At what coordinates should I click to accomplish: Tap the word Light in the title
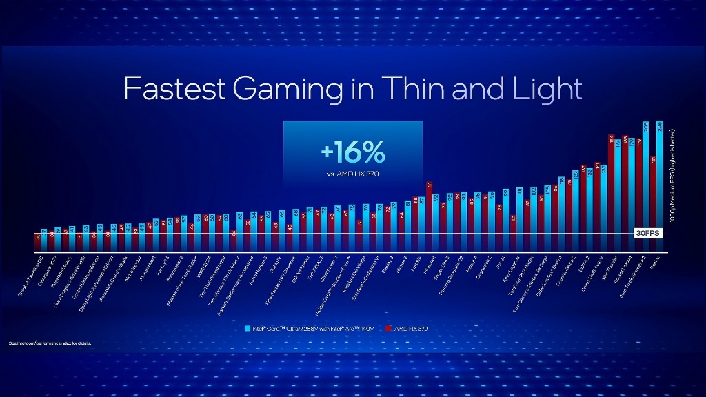tap(545, 89)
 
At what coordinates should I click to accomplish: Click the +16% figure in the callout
tap(352, 152)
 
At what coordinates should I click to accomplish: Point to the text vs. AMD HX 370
tap(352, 174)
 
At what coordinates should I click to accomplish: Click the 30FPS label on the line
tap(647, 233)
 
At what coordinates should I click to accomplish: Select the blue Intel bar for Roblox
tap(660, 186)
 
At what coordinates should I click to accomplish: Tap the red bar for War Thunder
tap(611, 193)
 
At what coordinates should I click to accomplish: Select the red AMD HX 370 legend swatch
tap(389, 329)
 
